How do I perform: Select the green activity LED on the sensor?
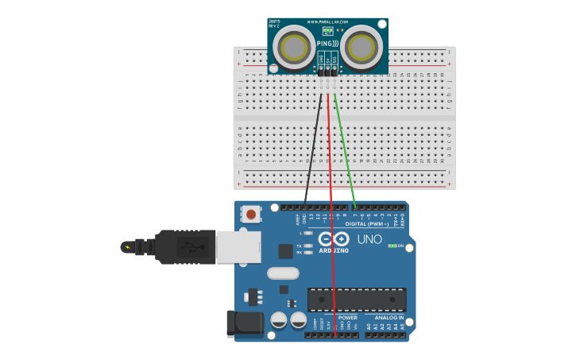327,30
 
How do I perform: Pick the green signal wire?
345,151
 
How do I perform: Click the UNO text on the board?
369,239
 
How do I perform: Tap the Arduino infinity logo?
334,238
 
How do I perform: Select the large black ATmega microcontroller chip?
357,300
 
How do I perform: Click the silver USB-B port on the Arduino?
239,246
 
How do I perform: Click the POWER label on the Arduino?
347,317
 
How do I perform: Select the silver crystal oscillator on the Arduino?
283,273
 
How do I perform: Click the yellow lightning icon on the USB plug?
128,246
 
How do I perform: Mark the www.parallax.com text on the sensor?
327,21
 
